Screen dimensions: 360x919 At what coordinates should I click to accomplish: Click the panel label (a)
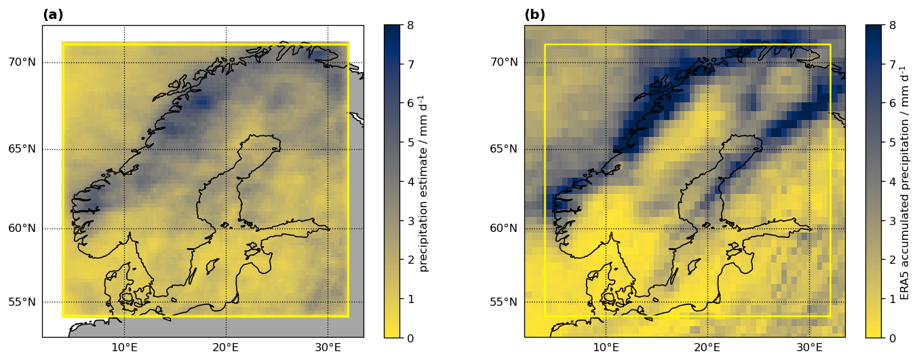(53, 15)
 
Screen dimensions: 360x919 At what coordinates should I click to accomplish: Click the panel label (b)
(534, 15)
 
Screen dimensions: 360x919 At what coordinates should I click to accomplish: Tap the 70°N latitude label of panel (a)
(22, 62)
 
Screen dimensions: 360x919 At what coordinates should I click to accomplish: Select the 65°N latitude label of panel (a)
(22, 149)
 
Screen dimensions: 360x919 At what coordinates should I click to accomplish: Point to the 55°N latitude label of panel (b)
(503, 302)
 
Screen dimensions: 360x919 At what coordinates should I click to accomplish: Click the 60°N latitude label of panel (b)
(503, 228)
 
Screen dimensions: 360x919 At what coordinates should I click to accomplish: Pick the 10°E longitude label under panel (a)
(124, 348)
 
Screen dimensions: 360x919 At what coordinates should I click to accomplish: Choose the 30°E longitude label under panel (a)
(328, 348)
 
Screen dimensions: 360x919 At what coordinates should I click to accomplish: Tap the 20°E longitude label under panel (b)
(707, 348)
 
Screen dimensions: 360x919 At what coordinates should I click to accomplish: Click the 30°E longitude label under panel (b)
(809, 348)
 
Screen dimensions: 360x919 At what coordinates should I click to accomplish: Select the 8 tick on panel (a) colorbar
(412, 25)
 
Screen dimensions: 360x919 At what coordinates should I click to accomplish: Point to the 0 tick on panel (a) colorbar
(412, 338)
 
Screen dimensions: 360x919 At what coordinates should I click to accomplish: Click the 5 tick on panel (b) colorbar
(893, 142)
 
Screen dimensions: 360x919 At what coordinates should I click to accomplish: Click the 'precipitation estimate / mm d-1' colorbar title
(424, 182)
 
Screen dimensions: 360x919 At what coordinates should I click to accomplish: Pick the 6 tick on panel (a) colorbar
(412, 103)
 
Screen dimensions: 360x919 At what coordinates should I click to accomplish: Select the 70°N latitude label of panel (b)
(503, 62)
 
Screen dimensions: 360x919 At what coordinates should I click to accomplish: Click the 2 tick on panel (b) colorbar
(893, 260)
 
